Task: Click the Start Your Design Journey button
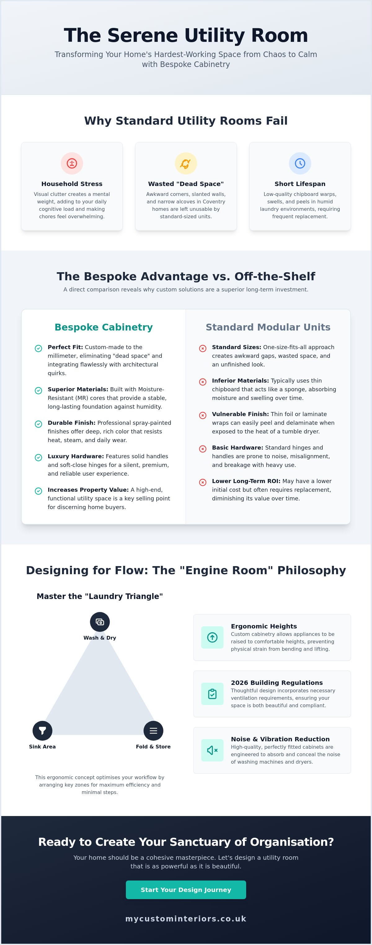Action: coord(186,890)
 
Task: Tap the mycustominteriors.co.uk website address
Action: coord(186,919)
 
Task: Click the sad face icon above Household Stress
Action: coord(72,163)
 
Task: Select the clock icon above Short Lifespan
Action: coord(300,163)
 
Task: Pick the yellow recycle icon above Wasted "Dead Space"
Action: coord(186,163)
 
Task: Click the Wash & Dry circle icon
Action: coord(100,622)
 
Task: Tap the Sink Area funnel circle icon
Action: coord(42,730)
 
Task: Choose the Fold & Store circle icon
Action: coord(153,730)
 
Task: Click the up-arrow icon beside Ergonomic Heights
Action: coord(212,637)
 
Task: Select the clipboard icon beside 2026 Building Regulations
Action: coord(212,694)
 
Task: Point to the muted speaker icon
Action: coord(212,750)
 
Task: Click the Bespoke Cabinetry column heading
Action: coord(104,327)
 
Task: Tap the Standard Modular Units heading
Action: coord(268,327)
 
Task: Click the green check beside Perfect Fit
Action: coord(38,348)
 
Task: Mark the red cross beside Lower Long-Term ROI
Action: coord(203,482)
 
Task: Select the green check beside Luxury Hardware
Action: coord(38,457)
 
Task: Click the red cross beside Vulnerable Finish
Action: coord(203,415)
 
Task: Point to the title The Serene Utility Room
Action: coord(186,36)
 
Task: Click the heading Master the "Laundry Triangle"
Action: coord(100,596)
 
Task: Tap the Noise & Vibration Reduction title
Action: coord(280,739)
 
